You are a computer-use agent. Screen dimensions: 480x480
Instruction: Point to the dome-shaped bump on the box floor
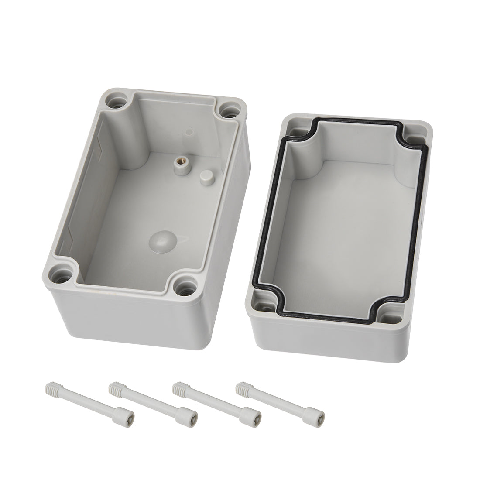tap(160, 240)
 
